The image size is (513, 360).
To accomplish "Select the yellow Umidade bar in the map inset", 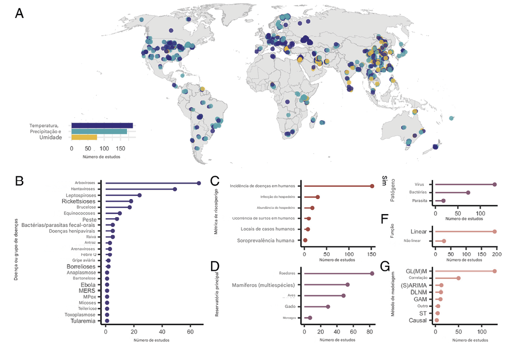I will (84, 137).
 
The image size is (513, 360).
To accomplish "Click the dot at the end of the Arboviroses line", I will (199, 183).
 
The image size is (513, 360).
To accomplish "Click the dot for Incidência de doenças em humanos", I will (372, 186).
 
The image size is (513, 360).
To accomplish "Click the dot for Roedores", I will (372, 273).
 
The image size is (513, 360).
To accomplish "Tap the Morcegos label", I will (289, 318).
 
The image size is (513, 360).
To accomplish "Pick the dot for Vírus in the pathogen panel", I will (494, 184).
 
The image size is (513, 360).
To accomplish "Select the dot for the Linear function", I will (494, 232).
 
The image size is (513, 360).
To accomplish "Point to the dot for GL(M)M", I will (494, 271).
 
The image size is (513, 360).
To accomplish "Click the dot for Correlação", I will (458, 278).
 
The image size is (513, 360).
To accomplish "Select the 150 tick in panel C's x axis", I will (372, 254).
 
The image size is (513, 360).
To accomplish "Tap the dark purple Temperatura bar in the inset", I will (102, 125).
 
